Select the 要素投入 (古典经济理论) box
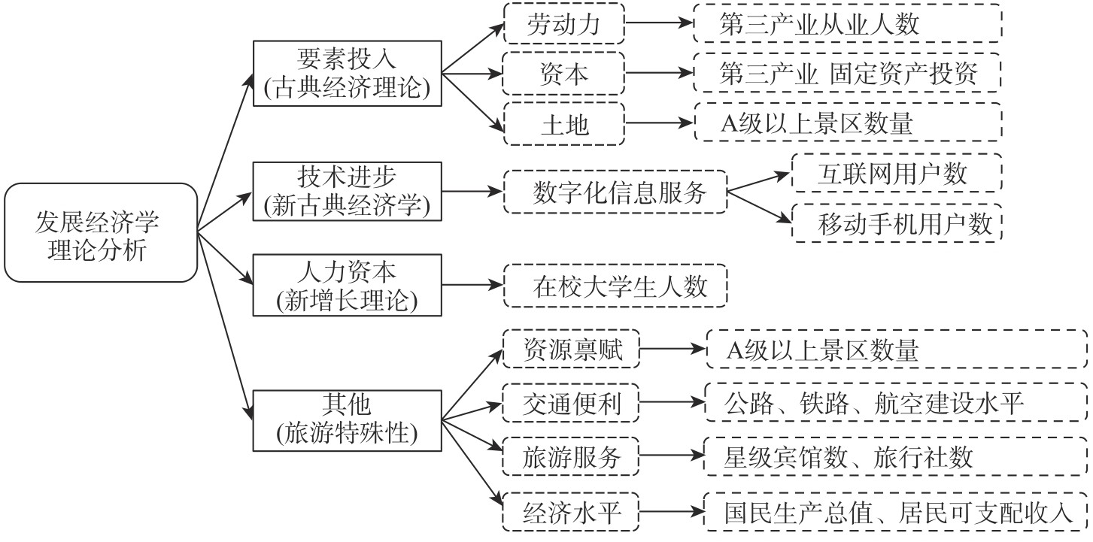tap(347, 74)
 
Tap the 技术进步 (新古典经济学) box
tap(347, 192)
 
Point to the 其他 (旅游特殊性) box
tap(347, 419)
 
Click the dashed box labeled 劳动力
tap(563, 25)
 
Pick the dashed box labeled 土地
tap(563, 123)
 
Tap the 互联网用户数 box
tap(897, 174)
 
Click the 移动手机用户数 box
tap(897, 223)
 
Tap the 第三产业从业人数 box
tap(848, 25)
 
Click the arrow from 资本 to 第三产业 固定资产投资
tap(659, 74)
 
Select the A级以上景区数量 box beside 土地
tap(848, 123)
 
